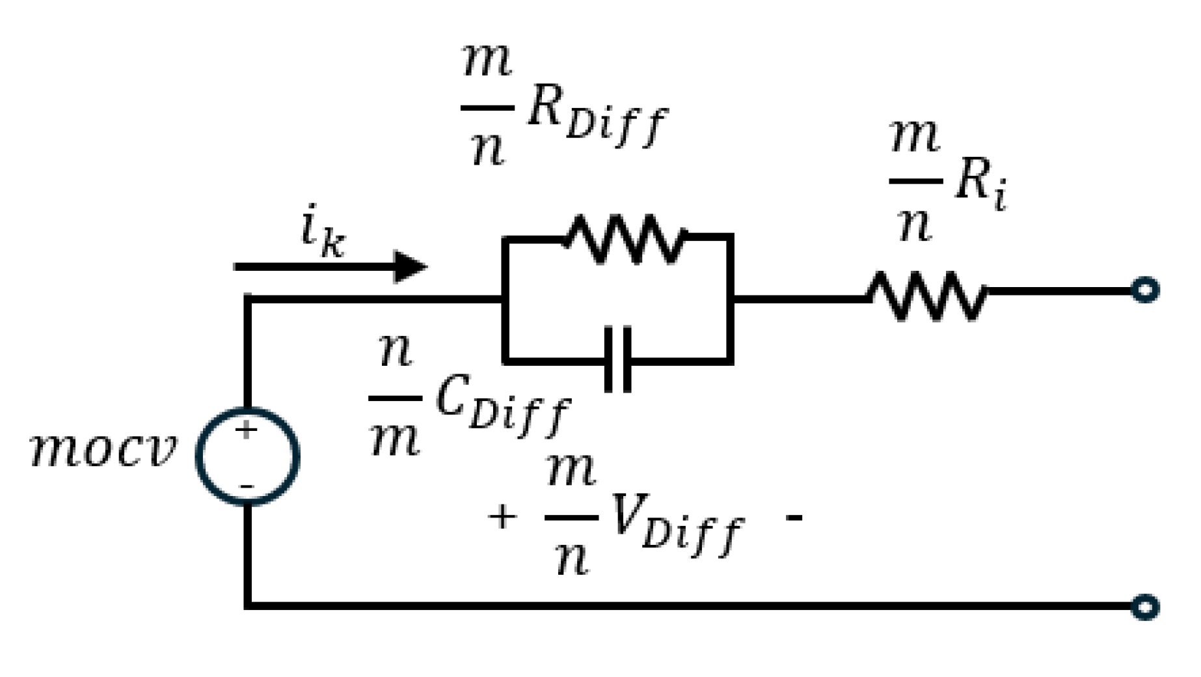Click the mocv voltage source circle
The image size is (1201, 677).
click(x=247, y=456)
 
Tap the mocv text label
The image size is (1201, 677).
click(x=103, y=449)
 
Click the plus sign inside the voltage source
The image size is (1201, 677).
click(x=246, y=430)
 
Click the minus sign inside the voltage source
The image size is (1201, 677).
click(x=247, y=486)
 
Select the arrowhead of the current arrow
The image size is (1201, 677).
click(x=410, y=266)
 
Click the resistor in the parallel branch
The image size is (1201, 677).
click(x=625, y=239)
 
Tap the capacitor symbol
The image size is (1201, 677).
click(x=618, y=359)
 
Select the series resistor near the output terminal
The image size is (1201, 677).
click(x=926, y=296)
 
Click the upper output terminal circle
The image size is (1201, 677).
click(x=1145, y=290)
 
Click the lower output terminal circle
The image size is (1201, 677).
click(x=1145, y=607)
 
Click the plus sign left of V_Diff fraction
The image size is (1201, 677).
click(x=502, y=518)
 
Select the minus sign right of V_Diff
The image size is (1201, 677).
click(x=794, y=518)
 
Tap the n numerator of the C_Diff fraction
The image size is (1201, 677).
click(x=395, y=352)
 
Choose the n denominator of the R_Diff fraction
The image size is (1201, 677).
click(x=487, y=149)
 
